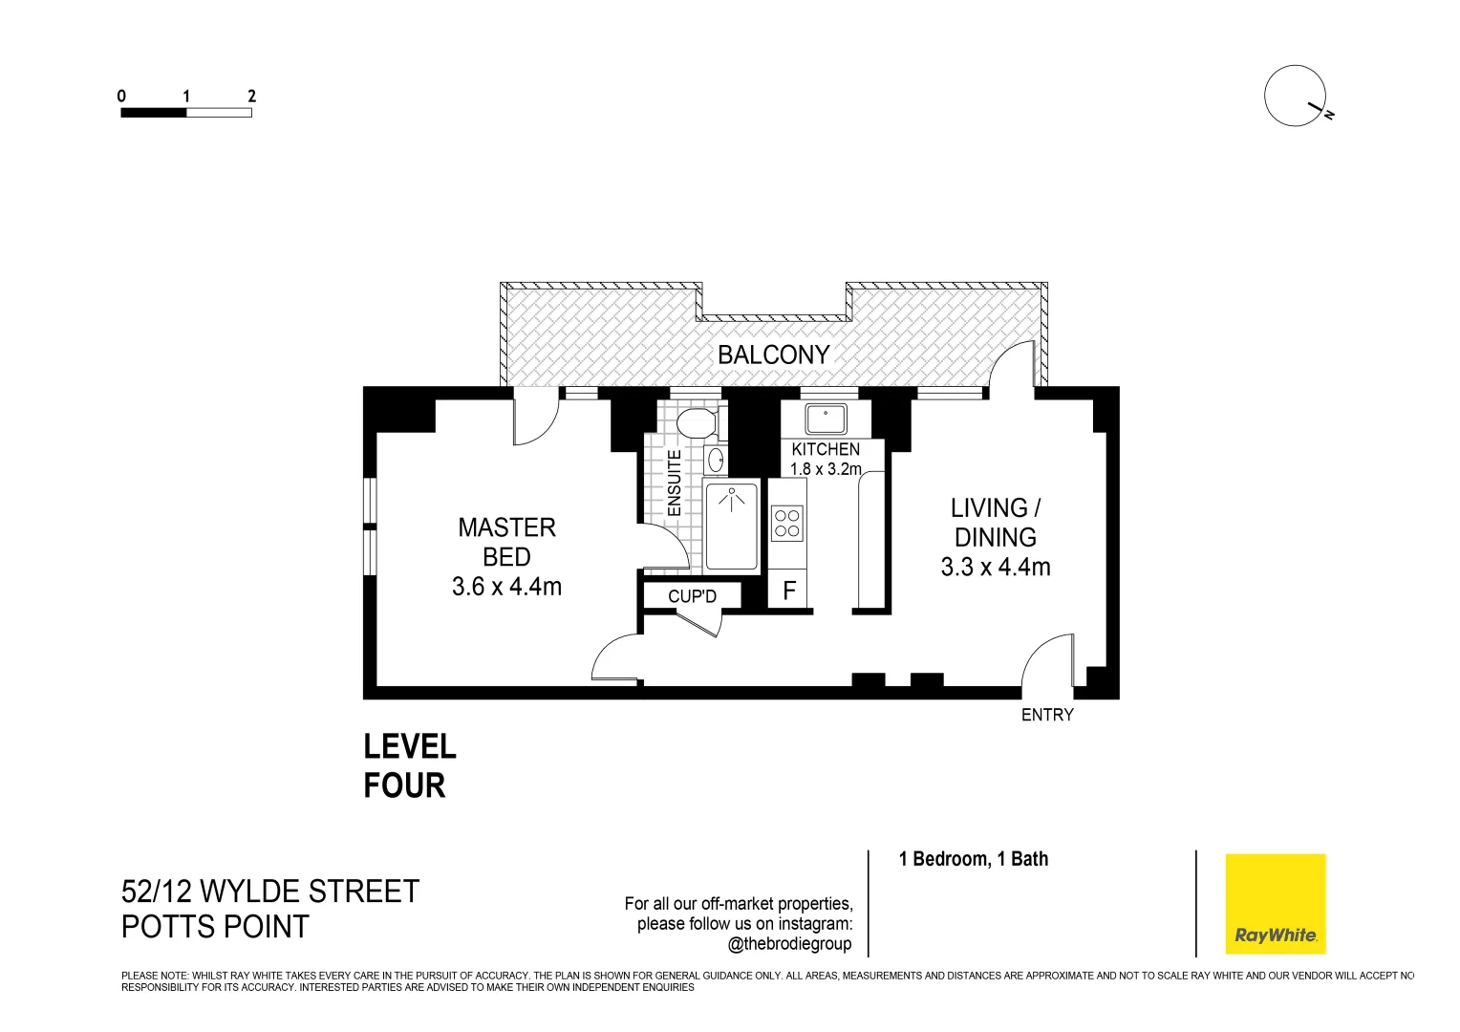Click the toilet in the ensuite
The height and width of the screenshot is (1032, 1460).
(696, 421)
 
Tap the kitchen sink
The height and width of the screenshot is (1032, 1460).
(825, 419)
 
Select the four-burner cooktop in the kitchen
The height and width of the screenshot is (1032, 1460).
(787, 523)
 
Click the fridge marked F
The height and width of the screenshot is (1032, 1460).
(788, 591)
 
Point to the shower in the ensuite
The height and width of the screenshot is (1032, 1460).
(731, 527)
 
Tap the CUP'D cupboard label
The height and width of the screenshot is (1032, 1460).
(692, 596)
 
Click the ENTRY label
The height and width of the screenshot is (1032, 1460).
(1047, 715)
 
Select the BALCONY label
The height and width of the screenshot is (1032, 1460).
(773, 355)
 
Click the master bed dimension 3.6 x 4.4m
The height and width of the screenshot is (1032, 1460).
(506, 587)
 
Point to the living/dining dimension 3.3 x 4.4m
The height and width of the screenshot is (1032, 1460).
(996, 567)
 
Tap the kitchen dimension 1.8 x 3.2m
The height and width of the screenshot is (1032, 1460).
(826, 469)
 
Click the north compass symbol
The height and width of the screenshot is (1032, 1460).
(1296, 97)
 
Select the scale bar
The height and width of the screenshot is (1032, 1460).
(186, 112)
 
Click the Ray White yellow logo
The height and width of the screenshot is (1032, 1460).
(1276, 903)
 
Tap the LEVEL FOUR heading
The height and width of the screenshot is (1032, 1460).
(410, 765)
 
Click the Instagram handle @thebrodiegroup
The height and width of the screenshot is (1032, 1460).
(789, 944)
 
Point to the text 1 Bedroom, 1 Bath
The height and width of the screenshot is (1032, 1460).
(973, 859)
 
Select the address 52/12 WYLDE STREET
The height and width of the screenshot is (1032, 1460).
(270, 892)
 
